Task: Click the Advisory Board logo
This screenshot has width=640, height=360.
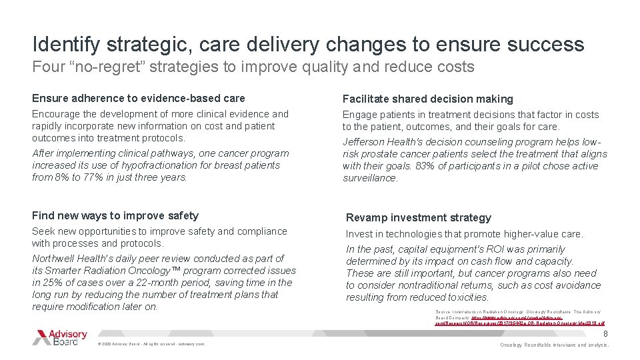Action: tap(60, 337)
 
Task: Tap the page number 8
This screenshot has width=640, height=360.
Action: tap(605, 333)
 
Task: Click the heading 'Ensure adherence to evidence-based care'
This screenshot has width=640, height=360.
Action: tap(139, 98)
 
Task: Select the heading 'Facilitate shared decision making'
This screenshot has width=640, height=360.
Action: tap(428, 99)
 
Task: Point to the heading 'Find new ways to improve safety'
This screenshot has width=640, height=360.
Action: tap(115, 215)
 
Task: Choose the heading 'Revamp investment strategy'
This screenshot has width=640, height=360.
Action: tap(418, 217)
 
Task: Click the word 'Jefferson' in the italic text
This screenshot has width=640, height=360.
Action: tap(365, 141)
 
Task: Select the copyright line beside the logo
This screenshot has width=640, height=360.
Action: tap(151, 344)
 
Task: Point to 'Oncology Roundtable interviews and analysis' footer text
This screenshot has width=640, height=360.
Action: tap(555, 345)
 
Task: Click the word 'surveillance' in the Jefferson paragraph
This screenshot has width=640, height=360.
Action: tap(371, 178)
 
